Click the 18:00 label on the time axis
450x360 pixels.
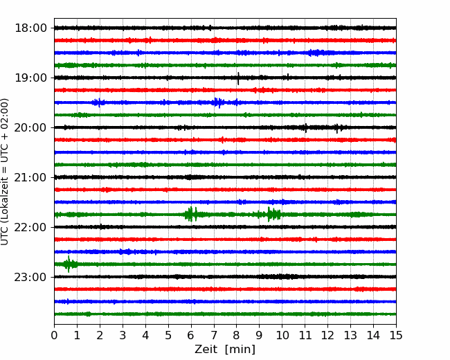(x=30, y=28)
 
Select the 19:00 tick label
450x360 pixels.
(x=30, y=78)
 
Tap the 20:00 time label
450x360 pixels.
(x=30, y=127)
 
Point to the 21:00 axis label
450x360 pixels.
(x=30, y=177)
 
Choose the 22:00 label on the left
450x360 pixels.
(x=30, y=227)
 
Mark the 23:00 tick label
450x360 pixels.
(x=30, y=277)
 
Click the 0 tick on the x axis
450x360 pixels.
(x=54, y=335)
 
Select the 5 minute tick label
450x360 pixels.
(x=168, y=335)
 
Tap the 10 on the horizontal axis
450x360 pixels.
(x=282, y=335)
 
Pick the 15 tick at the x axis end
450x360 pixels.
(x=396, y=335)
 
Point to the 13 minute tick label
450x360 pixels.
(x=350, y=335)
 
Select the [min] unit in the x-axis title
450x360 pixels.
(x=240, y=350)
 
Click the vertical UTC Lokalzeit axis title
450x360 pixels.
(x=5, y=172)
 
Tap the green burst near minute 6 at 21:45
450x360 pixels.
(x=191, y=214)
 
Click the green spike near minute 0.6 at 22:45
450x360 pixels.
(x=69, y=264)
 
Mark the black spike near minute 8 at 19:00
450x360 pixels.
(x=238, y=78)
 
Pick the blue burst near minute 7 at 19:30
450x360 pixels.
(x=219, y=102)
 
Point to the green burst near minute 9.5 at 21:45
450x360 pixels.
(x=271, y=214)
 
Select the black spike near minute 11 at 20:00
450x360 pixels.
(x=305, y=128)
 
